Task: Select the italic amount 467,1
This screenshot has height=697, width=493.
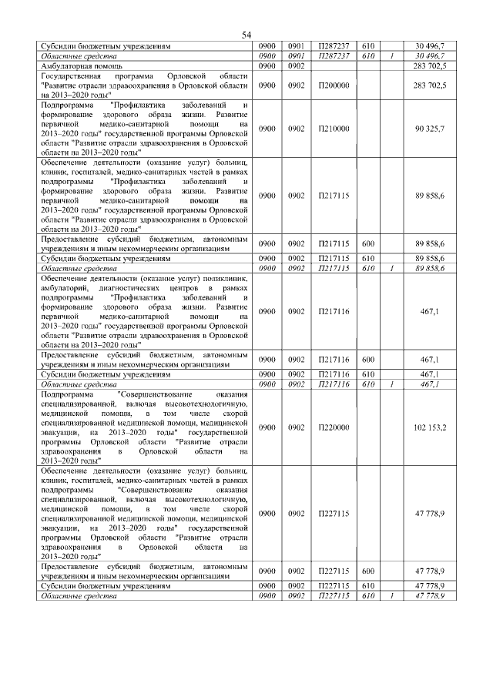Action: tap(429, 384)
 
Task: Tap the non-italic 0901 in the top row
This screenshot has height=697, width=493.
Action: tap(296, 46)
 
